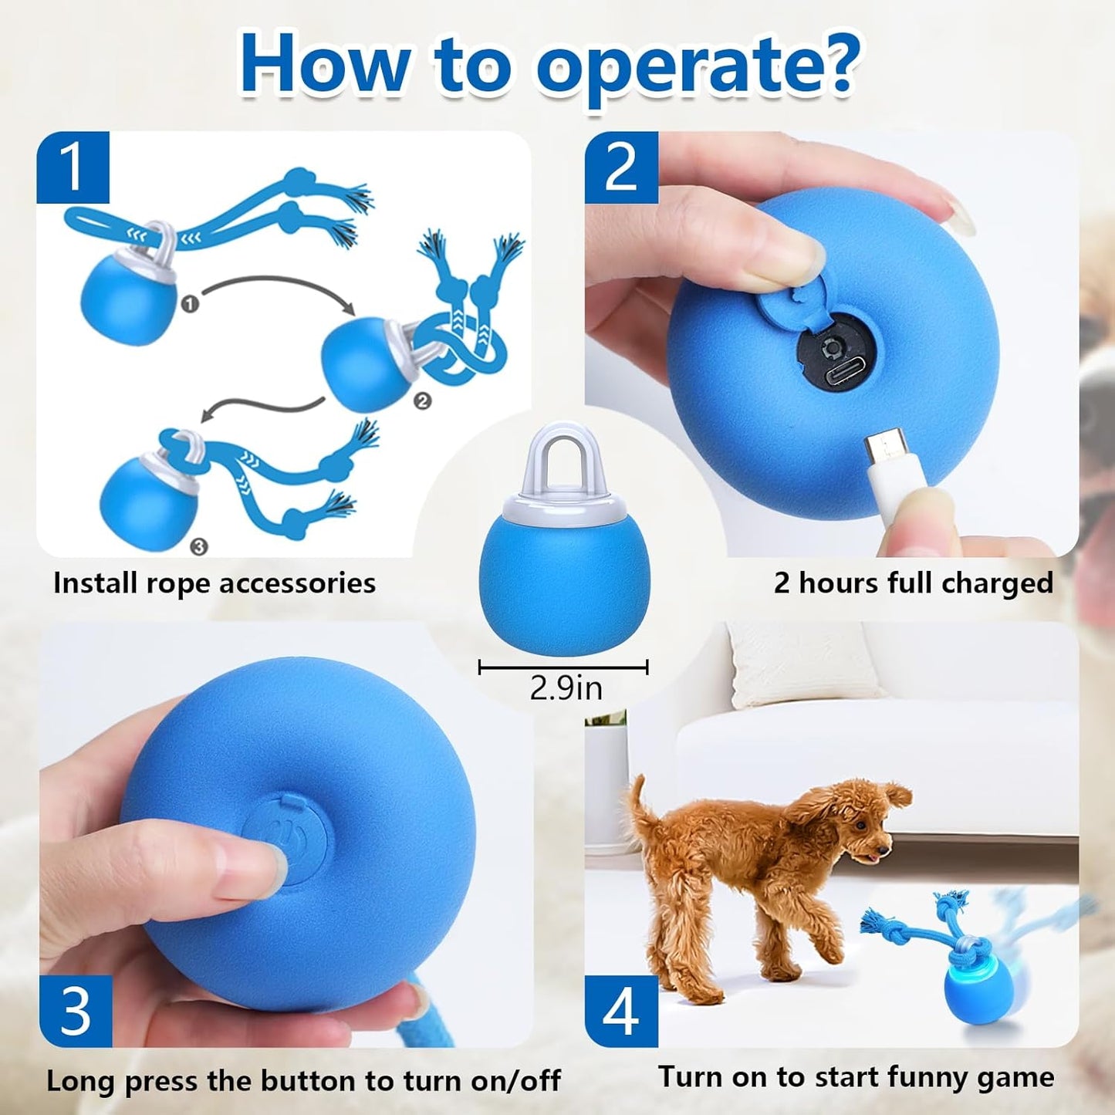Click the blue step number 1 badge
(73, 167)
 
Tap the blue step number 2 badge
(621, 167)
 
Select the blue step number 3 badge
(76, 1011)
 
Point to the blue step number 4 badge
(621, 1011)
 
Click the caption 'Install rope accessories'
(214, 583)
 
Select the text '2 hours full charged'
(914, 583)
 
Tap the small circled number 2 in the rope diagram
(423, 400)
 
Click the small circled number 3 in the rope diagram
(198, 546)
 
